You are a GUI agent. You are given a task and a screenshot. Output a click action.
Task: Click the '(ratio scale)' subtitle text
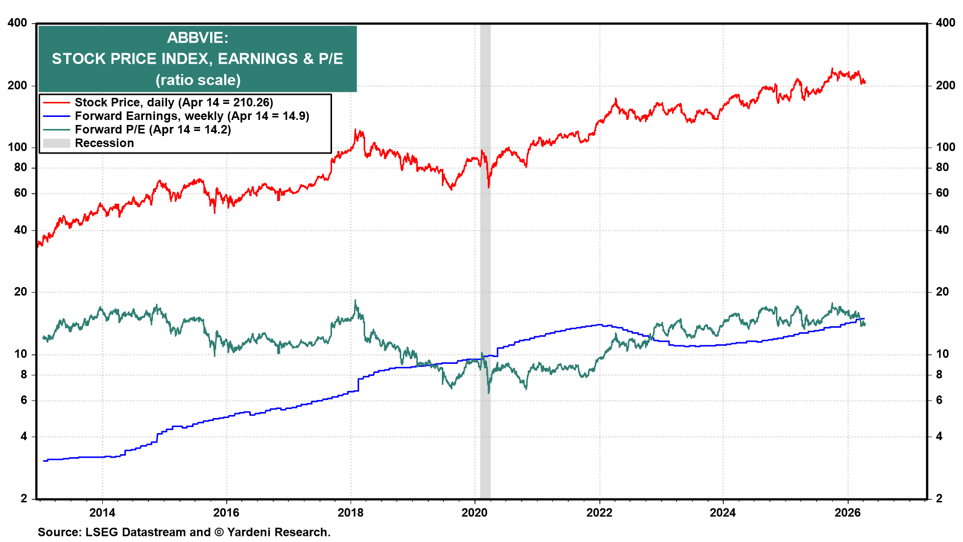(x=198, y=80)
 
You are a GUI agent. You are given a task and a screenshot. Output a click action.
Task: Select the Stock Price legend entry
(x=174, y=102)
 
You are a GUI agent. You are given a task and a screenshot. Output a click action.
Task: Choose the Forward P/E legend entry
(x=152, y=129)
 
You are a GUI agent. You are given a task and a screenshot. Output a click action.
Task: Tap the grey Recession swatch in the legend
(x=56, y=143)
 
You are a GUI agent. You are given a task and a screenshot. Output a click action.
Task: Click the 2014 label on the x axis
(x=102, y=512)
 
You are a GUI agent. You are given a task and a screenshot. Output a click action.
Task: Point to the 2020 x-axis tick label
(x=474, y=512)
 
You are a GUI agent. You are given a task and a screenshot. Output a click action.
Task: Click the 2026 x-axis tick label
(x=847, y=512)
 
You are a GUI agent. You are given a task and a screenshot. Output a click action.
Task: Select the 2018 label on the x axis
(x=350, y=512)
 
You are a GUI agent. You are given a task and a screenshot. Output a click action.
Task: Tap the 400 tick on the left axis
(x=18, y=23)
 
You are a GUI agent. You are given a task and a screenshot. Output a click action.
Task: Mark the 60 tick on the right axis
(x=942, y=193)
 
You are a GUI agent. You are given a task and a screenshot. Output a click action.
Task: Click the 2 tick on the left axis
(x=24, y=498)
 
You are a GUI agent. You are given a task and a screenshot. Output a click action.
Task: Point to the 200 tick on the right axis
(x=945, y=85)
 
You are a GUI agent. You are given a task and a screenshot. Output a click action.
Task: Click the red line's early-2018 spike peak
(x=356, y=130)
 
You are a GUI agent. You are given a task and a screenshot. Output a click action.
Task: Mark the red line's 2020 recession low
(x=489, y=187)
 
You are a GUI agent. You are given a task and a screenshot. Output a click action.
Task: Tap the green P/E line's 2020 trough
(x=489, y=392)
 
